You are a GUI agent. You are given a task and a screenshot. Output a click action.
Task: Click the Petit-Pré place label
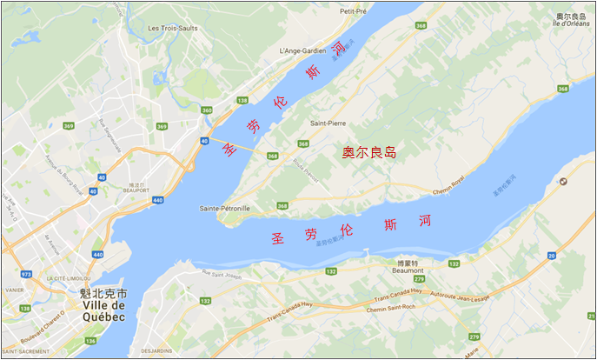(354, 11)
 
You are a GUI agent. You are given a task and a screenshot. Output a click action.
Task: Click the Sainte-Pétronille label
(224, 209)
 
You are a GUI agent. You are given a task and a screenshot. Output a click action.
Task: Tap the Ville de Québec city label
(103, 310)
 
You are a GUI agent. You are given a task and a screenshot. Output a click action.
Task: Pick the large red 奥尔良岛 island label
(368, 153)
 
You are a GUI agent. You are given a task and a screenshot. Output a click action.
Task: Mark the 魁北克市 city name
(103, 293)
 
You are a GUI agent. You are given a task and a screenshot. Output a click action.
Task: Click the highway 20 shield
(552, 256)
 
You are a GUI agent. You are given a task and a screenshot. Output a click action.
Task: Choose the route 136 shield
(93, 341)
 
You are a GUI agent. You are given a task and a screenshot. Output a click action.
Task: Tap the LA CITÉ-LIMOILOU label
(70, 278)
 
